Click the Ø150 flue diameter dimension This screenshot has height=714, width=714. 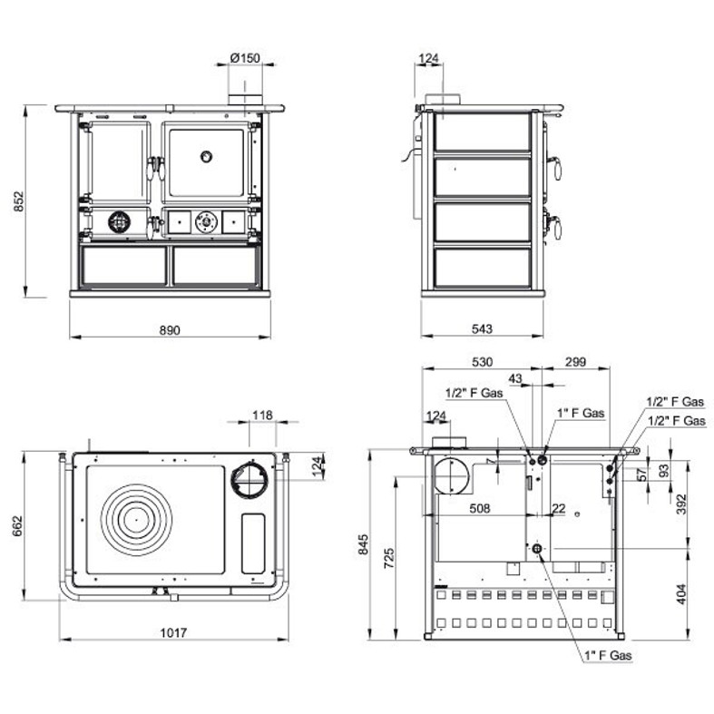245,58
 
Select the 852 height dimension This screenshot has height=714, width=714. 19,201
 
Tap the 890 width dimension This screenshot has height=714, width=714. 170,329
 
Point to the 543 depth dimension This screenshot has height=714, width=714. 482,328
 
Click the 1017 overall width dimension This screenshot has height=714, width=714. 173,632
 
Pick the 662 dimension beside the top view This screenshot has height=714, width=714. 17,526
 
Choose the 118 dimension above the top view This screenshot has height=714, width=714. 263,415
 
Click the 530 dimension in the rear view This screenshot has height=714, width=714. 483,362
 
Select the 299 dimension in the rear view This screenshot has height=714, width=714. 575,362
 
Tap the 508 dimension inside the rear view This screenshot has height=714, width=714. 480,508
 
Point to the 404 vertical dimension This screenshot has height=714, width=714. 681,593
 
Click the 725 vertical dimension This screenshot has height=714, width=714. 389,558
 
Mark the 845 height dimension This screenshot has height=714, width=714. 363,544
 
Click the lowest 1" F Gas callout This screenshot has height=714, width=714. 609,655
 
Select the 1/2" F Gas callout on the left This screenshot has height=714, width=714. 474,393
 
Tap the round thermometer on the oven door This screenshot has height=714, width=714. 206,157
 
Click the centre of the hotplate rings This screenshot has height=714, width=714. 136,520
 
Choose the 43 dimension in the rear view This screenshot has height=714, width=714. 515,378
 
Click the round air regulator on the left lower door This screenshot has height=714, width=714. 120,221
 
